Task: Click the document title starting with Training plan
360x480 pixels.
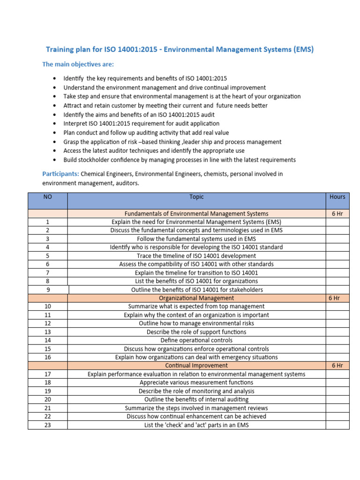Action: tap(180, 49)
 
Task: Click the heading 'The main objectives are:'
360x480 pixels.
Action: tap(78, 64)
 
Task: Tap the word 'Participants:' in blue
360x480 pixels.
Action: tap(60, 174)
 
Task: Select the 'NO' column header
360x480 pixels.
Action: tap(47, 197)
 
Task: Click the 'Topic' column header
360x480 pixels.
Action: tap(196, 197)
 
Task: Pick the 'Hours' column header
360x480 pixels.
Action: tap(337, 197)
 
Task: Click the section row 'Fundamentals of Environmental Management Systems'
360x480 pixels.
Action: tap(196, 214)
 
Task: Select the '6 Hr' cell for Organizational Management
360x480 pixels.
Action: tap(334, 298)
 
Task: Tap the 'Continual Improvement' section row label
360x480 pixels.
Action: tap(196, 365)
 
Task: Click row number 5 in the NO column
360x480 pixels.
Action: tap(47, 256)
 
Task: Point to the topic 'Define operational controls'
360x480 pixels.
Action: tap(196, 340)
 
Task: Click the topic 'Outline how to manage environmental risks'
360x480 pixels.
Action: tap(196, 323)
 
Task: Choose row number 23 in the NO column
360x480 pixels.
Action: tap(47, 425)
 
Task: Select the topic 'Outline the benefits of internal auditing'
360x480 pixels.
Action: tap(196, 399)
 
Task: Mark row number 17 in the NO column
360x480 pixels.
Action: tap(47, 374)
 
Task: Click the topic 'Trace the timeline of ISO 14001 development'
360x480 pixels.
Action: tap(196, 256)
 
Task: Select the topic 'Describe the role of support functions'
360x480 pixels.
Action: tap(196, 332)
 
